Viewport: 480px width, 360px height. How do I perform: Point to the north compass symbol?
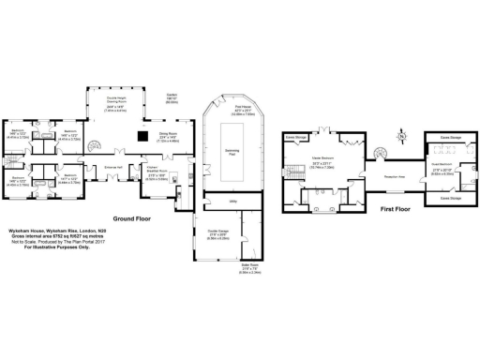401,137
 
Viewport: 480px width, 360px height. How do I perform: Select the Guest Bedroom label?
442,169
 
